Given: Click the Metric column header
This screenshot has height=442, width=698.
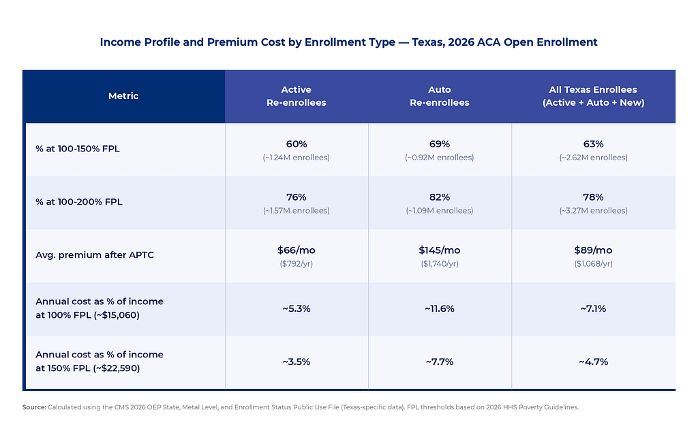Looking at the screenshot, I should (123, 96).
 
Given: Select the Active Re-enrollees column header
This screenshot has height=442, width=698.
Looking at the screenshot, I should (297, 96).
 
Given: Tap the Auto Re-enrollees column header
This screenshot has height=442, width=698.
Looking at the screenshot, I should (440, 96).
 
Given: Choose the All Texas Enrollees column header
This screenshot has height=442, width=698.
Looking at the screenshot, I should (593, 96).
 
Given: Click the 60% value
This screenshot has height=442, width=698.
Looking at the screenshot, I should (297, 144).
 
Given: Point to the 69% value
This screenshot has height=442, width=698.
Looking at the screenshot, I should (440, 144).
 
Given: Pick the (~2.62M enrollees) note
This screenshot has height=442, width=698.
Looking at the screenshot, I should (593, 158).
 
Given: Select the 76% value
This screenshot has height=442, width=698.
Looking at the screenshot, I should (297, 197).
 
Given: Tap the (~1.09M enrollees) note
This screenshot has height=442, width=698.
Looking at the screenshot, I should (440, 211).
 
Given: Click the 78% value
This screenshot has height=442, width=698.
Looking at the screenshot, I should (593, 197).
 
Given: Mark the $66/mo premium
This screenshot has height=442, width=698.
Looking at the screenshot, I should (297, 250).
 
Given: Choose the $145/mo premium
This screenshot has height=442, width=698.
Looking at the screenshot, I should (440, 250).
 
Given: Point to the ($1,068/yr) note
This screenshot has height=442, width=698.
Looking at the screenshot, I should (593, 264).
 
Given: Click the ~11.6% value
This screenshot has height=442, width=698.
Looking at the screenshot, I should (440, 308).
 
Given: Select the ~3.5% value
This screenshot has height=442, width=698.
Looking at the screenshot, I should (297, 362).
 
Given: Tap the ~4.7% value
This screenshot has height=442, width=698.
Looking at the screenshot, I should (593, 362).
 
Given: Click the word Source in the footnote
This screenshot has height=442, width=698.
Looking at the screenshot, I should (34, 407).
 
